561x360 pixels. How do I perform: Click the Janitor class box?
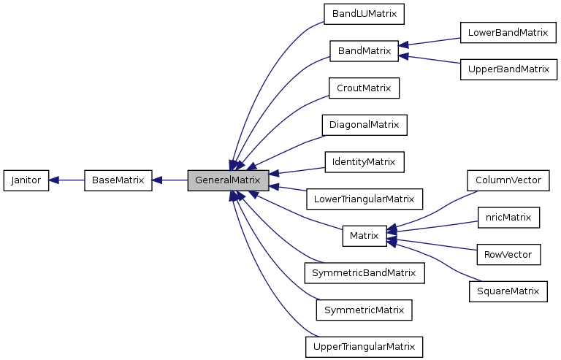[26, 180]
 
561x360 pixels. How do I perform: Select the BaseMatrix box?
[118, 180]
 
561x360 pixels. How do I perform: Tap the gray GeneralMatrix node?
[228, 180]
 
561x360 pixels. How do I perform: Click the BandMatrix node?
[364, 51]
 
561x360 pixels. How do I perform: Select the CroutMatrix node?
[364, 88]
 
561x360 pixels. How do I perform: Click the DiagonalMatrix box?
[364, 125]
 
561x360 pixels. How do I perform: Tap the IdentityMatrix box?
[364, 161]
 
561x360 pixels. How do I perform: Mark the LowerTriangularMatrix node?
[364, 199]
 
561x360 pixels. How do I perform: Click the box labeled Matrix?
[364, 235]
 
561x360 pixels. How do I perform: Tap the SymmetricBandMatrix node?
[364, 272]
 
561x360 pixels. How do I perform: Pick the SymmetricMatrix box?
[364, 310]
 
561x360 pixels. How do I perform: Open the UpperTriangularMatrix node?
[364, 346]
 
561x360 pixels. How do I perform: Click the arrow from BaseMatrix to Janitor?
[66, 180]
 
